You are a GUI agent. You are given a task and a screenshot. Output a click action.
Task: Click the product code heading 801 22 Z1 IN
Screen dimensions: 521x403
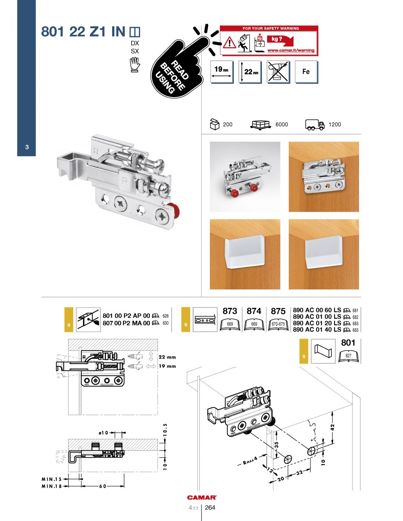83,32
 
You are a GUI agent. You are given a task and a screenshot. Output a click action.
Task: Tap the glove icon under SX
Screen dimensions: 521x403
135,65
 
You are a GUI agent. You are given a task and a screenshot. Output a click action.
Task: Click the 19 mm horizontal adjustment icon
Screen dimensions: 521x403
221,72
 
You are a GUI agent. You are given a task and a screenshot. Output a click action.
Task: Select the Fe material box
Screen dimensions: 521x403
306,72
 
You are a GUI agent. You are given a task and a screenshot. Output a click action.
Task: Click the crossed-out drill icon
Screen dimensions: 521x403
278,72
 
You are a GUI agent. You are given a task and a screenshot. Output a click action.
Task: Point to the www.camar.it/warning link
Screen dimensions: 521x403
291,51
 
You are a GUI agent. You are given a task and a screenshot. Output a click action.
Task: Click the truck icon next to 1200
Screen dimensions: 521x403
315,125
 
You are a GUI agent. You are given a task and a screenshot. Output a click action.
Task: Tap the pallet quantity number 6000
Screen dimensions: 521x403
281,125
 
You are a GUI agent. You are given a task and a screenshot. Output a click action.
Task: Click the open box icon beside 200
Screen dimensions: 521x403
214,124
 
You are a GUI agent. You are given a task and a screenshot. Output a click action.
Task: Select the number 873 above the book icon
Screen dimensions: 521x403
230,311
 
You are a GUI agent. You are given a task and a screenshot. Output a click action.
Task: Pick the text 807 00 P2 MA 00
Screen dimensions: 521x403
126,323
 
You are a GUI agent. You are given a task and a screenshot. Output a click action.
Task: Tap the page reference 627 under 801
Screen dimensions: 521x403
348,356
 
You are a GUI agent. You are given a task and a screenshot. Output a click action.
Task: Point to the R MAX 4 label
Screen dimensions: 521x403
251,460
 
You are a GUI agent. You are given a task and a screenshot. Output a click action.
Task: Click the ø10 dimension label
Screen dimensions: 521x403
104,433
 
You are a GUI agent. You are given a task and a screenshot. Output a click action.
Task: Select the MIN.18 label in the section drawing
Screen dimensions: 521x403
52,486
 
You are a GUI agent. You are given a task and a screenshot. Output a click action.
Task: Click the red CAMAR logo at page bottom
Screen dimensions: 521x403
202,497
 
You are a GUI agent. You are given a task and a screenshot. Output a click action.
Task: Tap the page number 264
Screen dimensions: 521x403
210,507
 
